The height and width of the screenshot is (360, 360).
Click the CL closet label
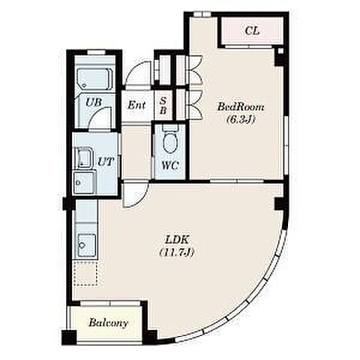252,31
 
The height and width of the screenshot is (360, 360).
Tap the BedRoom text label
241,107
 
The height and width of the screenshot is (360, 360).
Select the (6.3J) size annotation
241,120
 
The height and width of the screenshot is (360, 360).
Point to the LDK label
177,240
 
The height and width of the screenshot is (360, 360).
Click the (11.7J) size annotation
177,253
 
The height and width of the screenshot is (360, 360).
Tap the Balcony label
108,322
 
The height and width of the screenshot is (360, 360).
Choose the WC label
170,165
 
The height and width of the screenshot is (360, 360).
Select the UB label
94,102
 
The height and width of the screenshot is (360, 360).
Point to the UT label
106,162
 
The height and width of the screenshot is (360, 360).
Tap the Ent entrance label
136,105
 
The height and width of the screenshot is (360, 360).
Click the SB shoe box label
163,106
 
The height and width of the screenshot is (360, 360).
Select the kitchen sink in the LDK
86,245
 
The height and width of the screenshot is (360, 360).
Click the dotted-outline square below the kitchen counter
85,274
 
